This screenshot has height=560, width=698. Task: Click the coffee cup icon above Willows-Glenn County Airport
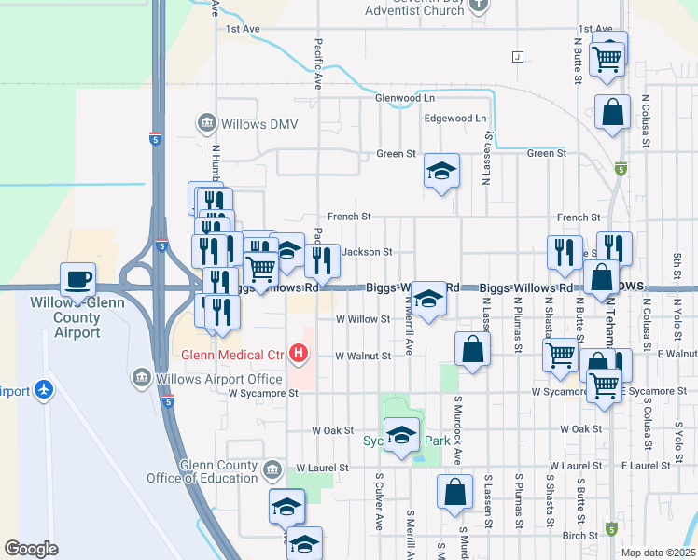[x=77, y=278]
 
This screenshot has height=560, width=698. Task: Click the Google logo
[x=31, y=549]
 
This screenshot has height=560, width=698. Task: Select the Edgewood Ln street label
[x=455, y=119]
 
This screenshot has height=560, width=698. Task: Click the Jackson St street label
[x=367, y=252]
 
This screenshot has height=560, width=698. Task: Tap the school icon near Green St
[x=441, y=171]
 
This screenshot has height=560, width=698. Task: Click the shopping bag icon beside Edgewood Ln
[x=614, y=113]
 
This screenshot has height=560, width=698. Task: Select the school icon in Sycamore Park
[x=402, y=437]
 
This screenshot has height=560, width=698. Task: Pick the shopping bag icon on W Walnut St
[x=473, y=350]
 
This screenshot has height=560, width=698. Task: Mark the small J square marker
[x=515, y=56]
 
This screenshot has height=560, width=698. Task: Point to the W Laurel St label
[x=322, y=467]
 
